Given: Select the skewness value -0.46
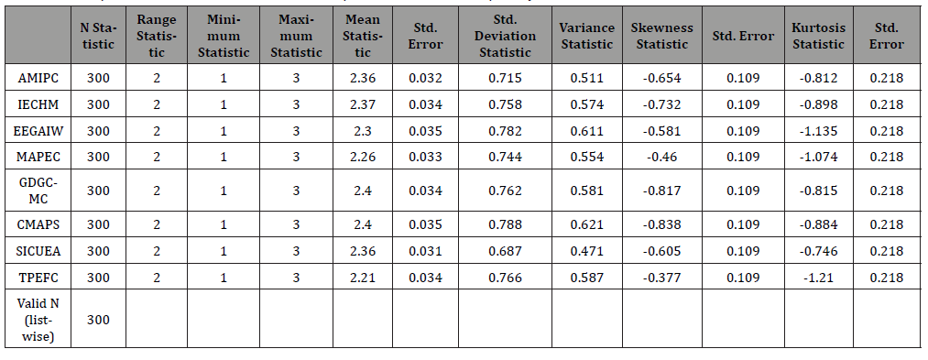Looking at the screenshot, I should pos(661,157).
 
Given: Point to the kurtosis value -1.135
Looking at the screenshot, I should pos(818,131).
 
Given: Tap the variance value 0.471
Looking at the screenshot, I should pos(586,250).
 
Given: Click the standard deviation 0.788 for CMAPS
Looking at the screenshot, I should pos(504,224).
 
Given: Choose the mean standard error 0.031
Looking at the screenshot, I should pos(426,250).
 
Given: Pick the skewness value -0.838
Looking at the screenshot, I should pos(661,224).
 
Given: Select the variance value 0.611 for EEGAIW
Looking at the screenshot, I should pos(586,131).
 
